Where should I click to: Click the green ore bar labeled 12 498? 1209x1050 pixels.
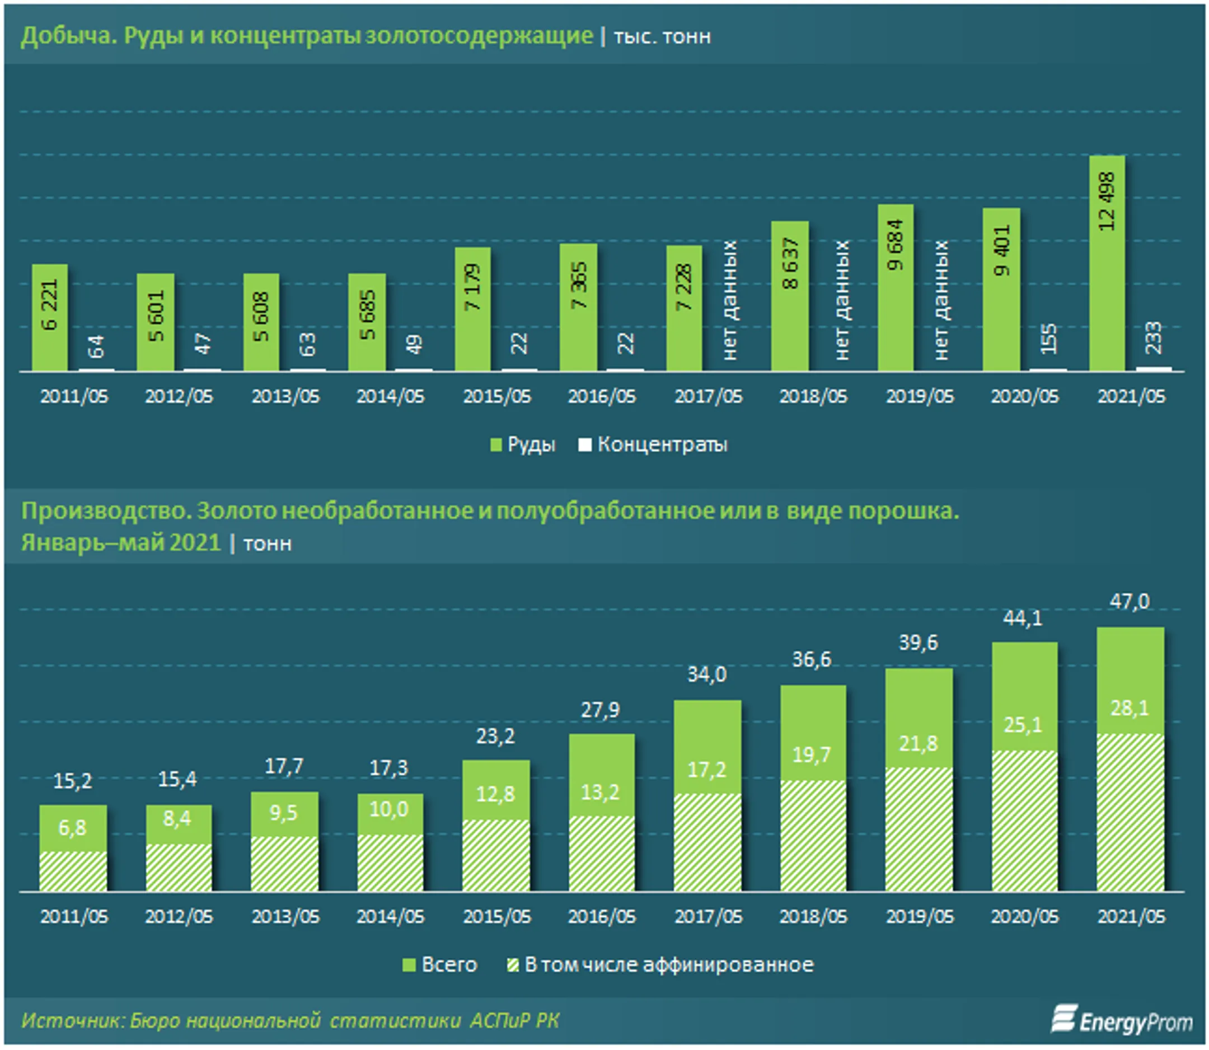point(1107,263)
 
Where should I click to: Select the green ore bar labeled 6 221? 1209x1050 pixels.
point(50,317)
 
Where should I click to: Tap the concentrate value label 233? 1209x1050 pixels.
point(1152,337)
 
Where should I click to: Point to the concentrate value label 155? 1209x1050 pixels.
point(1048,339)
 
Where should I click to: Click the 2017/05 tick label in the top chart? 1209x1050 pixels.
point(708,397)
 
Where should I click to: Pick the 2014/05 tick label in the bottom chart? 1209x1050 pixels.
point(390,916)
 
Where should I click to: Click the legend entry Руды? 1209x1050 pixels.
point(523,445)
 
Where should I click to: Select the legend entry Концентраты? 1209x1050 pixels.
point(653,445)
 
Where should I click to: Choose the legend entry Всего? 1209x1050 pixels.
point(440,965)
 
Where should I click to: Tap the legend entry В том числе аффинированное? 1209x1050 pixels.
point(660,965)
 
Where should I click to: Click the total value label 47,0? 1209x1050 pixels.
point(1130,601)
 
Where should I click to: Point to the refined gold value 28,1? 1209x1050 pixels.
point(1130,708)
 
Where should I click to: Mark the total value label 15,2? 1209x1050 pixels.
point(73,780)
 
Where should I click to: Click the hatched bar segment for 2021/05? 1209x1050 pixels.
point(1130,812)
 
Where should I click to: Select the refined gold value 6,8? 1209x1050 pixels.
point(73,828)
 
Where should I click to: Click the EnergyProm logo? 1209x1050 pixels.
point(1122,1020)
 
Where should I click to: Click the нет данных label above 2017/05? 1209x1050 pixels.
point(730,300)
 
